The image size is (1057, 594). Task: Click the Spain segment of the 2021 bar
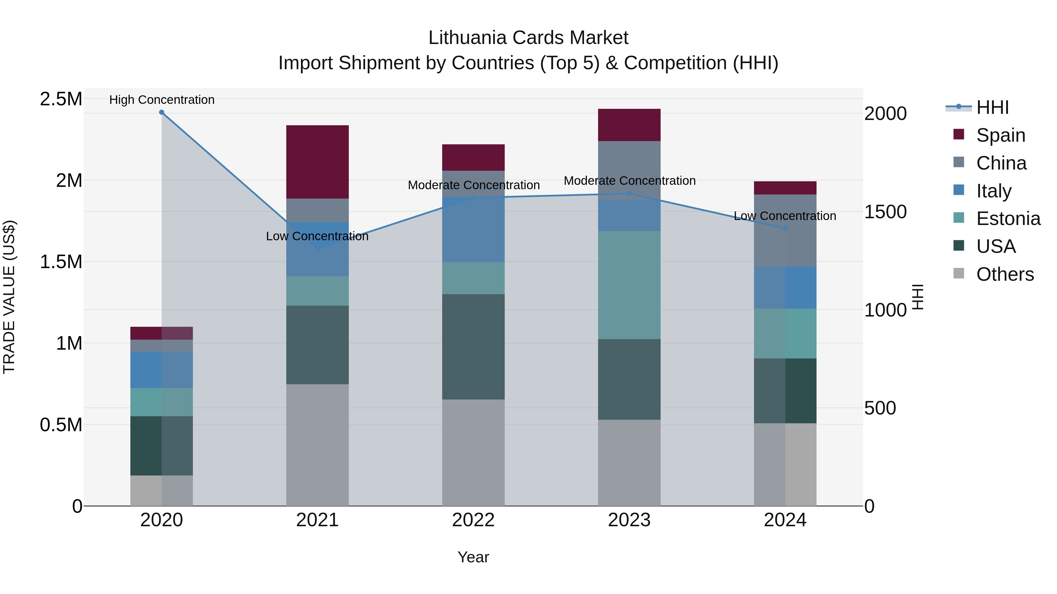pyautogui.click(x=317, y=162)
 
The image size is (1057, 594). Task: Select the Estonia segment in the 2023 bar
pyautogui.click(x=629, y=285)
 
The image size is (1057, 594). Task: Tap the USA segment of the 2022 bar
pyautogui.click(x=473, y=346)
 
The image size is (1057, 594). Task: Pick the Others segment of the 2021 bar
pyautogui.click(x=317, y=445)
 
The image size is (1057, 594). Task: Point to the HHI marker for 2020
pyautogui.click(x=162, y=112)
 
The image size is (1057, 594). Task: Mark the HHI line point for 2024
pyautogui.click(x=785, y=228)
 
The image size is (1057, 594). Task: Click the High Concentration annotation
pyautogui.click(x=162, y=100)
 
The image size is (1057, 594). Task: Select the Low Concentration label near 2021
pyautogui.click(x=317, y=236)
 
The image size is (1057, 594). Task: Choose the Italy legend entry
pyautogui.click(x=994, y=191)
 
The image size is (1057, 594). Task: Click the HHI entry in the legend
pyautogui.click(x=992, y=107)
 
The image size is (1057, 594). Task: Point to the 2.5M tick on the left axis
pyautogui.click(x=61, y=99)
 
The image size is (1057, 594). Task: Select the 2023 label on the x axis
pyautogui.click(x=629, y=520)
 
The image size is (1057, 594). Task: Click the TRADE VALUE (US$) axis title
pyautogui.click(x=9, y=297)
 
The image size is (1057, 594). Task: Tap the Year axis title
pyautogui.click(x=473, y=557)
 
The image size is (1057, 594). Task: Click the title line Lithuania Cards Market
pyautogui.click(x=528, y=38)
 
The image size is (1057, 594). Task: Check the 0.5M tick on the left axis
pyautogui.click(x=61, y=425)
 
